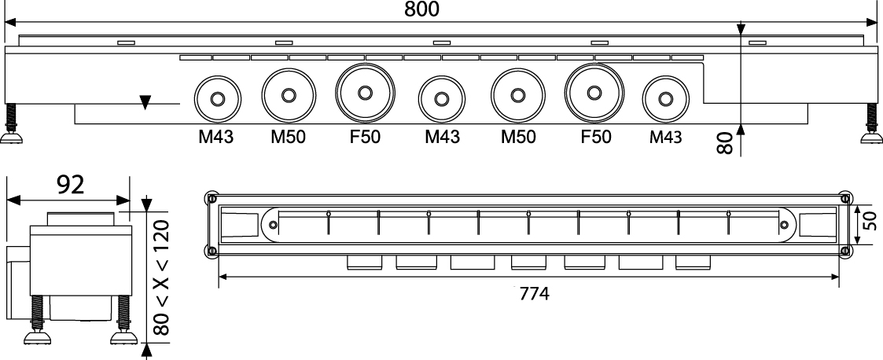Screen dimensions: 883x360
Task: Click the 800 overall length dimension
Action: (421, 9)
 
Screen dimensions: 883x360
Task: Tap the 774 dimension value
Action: (534, 293)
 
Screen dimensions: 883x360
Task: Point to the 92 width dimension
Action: (71, 185)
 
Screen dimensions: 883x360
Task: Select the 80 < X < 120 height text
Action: (162, 277)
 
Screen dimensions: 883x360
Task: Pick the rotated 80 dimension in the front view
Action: (725, 143)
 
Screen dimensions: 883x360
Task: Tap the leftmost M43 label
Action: (215, 137)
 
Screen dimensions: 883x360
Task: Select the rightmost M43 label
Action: (665, 137)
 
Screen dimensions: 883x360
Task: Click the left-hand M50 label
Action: (288, 137)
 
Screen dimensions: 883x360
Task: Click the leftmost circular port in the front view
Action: (217, 98)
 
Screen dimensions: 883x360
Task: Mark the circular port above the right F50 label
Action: (594, 93)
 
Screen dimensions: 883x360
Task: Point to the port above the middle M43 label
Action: (442, 98)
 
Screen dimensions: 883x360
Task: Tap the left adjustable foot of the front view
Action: (11, 124)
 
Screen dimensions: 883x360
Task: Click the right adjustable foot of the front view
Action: (872, 124)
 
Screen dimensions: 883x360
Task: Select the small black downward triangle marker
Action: (145, 102)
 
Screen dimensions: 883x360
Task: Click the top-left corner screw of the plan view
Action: (212, 198)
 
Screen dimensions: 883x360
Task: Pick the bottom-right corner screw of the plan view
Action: (844, 251)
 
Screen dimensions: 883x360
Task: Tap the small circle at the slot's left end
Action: (273, 225)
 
